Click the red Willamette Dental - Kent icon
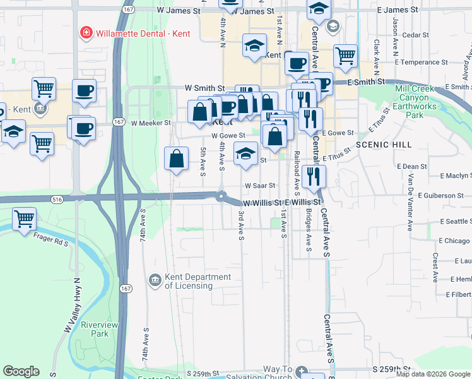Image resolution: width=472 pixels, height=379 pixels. [84, 32]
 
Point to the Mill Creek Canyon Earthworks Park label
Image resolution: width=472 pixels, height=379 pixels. [414, 102]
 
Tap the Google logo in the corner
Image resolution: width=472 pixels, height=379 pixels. [21, 371]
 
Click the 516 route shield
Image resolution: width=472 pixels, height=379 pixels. [57, 199]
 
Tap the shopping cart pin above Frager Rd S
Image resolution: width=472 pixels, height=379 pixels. [24, 220]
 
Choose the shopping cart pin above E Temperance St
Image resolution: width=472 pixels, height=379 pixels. [345, 56]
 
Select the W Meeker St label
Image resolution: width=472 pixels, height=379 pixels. [150, 123]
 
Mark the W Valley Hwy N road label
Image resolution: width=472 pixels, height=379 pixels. [71, 306]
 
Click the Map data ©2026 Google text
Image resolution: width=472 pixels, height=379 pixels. [432, 374]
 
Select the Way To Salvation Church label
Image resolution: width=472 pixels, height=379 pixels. [278, 373]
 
